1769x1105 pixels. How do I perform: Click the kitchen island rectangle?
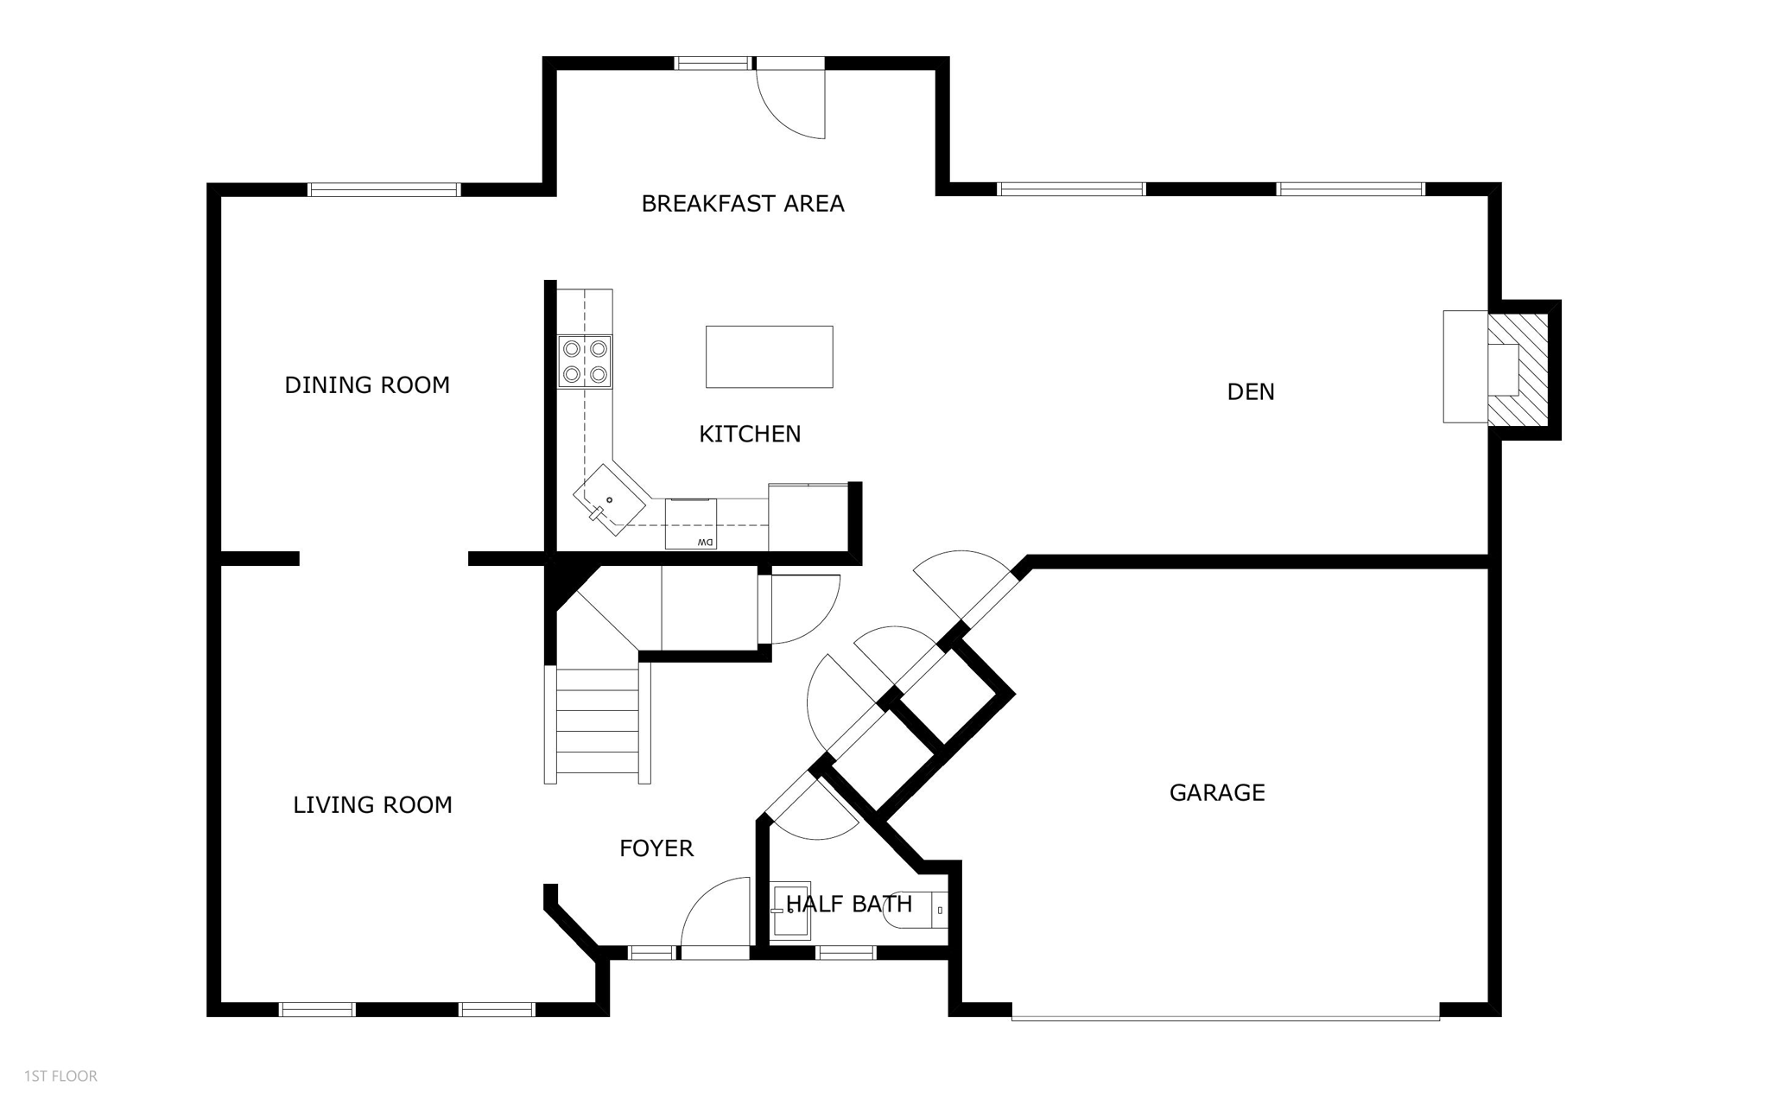pyautogui.click(x=769, y=357)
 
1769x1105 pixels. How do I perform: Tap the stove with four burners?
pyautogui.click(x=585, y=361)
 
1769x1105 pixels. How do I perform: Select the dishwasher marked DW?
pyautogui.click(x=690, y=524)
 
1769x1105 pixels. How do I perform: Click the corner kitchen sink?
pyautogui.click(x=610, y=499)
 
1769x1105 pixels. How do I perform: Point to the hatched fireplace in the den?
pyautogui.click(x=1522, y=369)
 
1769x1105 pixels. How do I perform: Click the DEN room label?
pyautogui.click(x=1250, y=392)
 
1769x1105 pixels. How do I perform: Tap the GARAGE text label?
pyautogui.click(x=1216, y=792)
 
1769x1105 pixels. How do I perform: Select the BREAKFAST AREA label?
pyautogui.click(x=742, y=204)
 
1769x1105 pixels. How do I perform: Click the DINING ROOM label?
pyautogui.click(x=367, y=385)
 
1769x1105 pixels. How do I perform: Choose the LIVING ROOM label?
pyautogui.click(x=372, y=805)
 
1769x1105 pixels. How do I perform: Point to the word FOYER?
pyautogui.click(x=656, y=848)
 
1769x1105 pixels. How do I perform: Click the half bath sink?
pyautogui.click(x=790, y=910)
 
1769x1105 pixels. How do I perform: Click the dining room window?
pyautogui.click(x=384, y=189)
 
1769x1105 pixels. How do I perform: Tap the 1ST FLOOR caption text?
pyautogui.click(x=60, y=1076)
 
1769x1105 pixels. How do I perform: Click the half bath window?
pyautogui.click(x=846, y=953)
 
